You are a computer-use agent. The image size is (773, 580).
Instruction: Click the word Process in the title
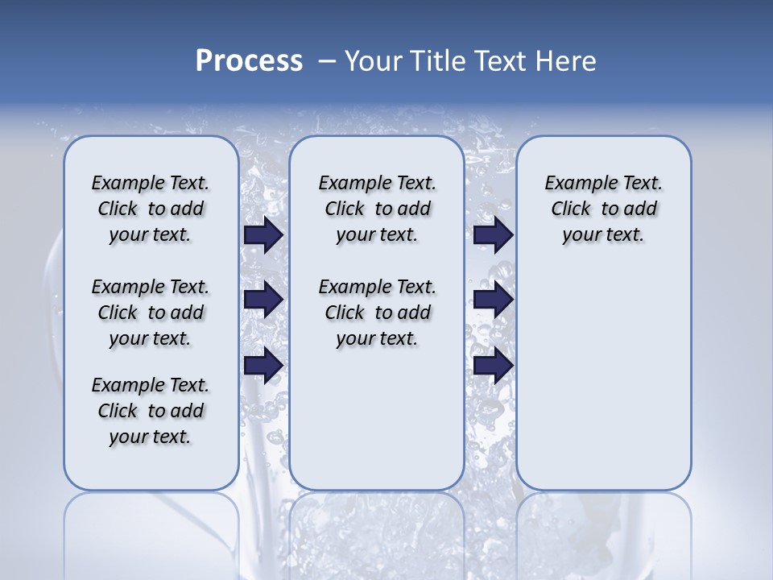[x=249, y=60]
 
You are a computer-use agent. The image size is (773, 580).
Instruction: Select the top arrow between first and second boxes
[x=263, y=235]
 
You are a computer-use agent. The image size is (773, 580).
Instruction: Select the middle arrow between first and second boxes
[x=263, y=300]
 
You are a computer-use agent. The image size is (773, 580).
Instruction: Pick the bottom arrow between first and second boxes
[x=263, y=365]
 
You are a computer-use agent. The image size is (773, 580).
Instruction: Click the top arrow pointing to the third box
[x=493, y=235]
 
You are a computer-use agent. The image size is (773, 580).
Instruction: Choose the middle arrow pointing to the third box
[x=493, y=300]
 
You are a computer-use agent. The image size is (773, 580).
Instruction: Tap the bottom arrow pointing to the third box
[x=493, y=365]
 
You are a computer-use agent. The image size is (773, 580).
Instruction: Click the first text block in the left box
[x=151, y=209]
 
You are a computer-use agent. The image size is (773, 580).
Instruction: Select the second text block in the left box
[x=151, y=313]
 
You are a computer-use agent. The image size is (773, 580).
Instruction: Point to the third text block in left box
[x=151, y=411]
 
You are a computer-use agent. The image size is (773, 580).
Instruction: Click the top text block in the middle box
[x=377, y=209]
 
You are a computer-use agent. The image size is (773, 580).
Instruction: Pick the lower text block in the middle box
[x=377, y=313]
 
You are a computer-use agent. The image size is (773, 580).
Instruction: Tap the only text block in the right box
[x=603, y=209]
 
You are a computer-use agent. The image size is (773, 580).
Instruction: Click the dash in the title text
[x=327, y=61]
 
